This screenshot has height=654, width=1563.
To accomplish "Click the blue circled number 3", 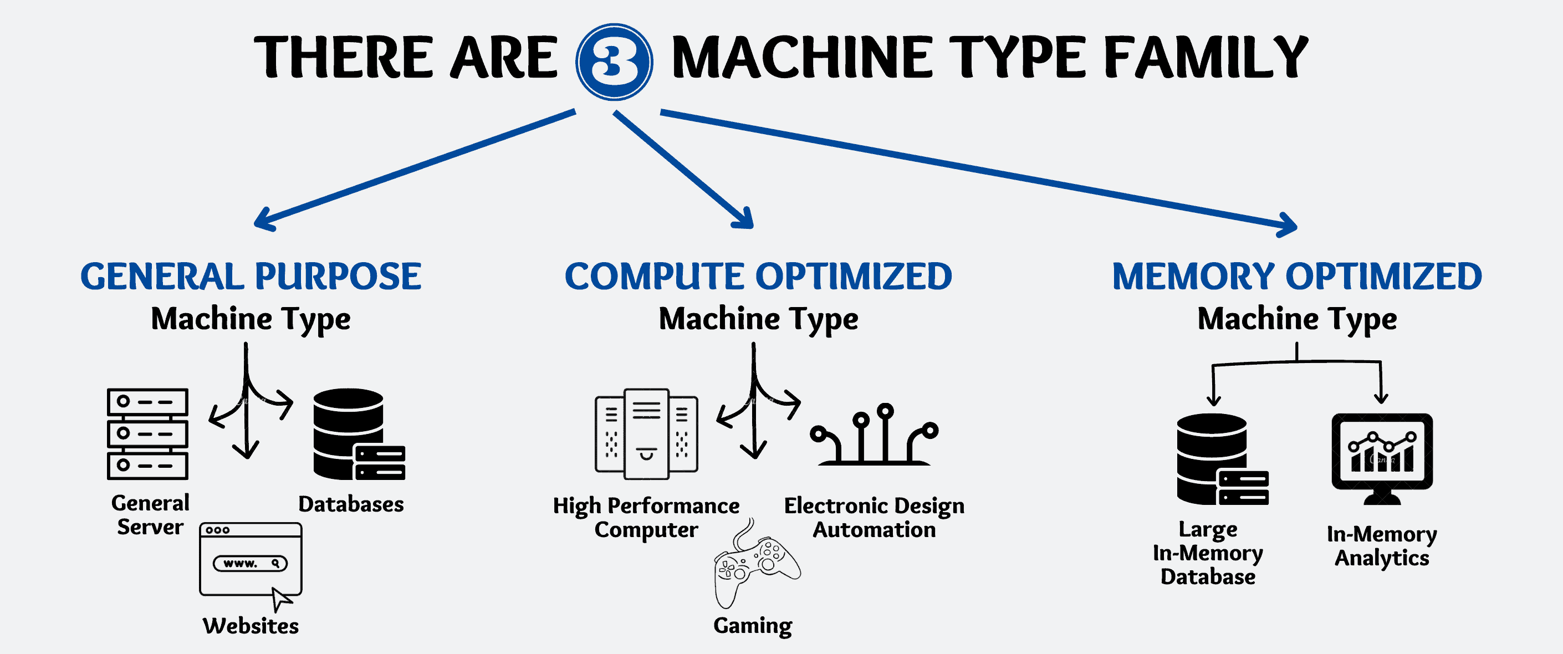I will click(614, 62).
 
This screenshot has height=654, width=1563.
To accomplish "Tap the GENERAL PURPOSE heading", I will click(251, 277).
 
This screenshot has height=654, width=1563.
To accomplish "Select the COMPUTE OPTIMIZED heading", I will click(758, 277).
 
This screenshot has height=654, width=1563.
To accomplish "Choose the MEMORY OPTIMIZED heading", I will click(1298, 277).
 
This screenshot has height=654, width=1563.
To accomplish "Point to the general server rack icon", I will click(147, 434).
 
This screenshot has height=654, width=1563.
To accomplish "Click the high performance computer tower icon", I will click(646, 434).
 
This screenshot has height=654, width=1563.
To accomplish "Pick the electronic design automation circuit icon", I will click(874, 436).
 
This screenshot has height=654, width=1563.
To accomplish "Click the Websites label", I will click(251, 626).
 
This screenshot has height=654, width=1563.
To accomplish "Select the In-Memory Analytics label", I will click(1382, 546).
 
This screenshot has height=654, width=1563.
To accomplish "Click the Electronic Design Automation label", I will click(874, 518).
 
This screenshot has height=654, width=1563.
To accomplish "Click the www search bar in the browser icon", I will click(250, 564).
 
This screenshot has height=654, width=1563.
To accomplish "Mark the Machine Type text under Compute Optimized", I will click(758, 319).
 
